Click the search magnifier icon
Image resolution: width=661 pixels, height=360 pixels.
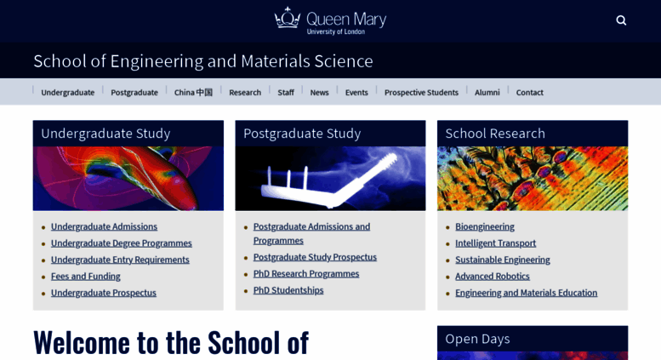[x=621, y=20]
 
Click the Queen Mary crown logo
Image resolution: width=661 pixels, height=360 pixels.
[x=288, y=19]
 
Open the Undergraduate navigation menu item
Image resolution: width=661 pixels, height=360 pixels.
[x=67, y=92]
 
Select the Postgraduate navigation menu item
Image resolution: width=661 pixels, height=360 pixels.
[x=134, y=92]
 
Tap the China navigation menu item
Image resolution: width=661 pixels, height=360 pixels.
[x=193, y=92]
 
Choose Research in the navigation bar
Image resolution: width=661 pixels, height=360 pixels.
[x=245, y=92]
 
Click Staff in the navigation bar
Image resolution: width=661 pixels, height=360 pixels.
[x=286, y=92]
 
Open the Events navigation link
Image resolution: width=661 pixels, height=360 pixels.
[x=356, y=92]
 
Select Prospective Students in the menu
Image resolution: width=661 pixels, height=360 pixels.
[x=421, y=92]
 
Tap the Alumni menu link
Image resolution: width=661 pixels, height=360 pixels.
[x=487, y=92]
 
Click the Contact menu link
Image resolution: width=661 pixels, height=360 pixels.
[x=529, y=92]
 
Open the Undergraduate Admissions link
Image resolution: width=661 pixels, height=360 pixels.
[x=104, y=226]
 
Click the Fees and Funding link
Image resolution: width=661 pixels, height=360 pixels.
[x=85, y=276]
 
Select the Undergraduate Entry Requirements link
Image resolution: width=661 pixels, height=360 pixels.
[x=120, y=260]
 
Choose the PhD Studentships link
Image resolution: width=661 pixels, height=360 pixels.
[x=288, y=290]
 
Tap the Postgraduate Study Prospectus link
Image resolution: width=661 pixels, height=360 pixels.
[x=315, y=257]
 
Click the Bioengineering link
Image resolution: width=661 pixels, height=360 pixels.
[x=484, y=226]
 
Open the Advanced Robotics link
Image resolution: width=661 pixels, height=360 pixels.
[x=492, y=276]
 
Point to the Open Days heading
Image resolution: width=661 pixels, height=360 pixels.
[x=477, y=339]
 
